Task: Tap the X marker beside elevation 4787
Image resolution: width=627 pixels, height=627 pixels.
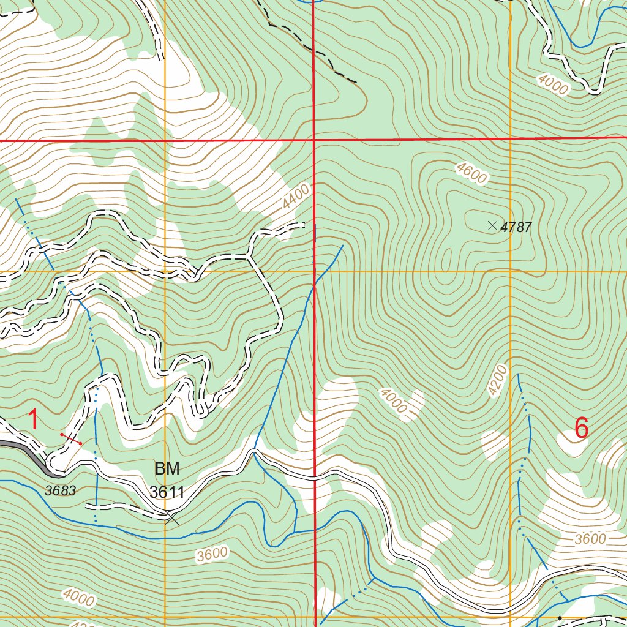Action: click(x=492, y=226)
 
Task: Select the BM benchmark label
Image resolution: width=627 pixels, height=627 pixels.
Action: click(x=167, y=469)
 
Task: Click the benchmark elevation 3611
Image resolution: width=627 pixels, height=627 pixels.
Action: click(x=167, y=492)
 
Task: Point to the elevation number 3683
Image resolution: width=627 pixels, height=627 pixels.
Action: click(x=60, y=490)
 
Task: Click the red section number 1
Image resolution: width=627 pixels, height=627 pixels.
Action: click(x=34, y=421)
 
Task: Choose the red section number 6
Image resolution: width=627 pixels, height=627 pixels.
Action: click(x=581, y=428)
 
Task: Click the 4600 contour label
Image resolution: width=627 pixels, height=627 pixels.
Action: click(x=471, y=174)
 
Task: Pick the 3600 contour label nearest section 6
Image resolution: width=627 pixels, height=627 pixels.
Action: click(x=590, y=539)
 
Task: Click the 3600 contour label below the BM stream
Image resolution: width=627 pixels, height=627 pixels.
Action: click(x=212, y=555)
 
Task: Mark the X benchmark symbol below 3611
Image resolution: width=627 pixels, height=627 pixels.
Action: click(x=173, y=519)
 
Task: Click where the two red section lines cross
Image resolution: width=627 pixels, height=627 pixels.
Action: click(x=314, y=140)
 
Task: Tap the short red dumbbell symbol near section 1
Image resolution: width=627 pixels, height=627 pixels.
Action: click(x=71, y=438)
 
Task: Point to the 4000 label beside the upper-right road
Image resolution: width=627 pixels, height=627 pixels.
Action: click(x=554, y=84)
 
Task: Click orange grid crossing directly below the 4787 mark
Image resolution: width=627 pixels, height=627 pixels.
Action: click(x=511, y=271)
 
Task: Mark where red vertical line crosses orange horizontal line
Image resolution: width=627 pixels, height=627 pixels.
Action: click(x=315, y=271)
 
